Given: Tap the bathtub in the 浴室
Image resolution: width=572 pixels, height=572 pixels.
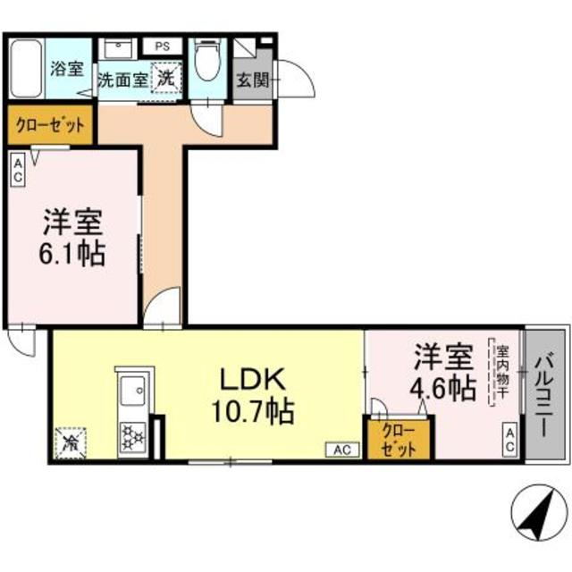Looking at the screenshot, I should (x=27, y=69).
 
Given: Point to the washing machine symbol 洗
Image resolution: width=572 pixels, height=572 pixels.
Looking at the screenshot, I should (x=166, y=77).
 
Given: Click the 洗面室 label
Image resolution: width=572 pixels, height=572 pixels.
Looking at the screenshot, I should (x=122, y=80).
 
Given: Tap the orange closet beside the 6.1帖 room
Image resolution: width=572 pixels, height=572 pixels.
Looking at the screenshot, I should (x=50, y=125).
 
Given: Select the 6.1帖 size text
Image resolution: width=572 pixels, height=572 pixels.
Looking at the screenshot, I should (x=73, y=254).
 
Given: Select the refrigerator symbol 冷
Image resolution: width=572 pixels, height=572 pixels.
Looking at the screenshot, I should (x=69, y=442).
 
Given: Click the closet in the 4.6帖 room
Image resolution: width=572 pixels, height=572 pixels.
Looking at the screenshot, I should (x=399, y=437).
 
